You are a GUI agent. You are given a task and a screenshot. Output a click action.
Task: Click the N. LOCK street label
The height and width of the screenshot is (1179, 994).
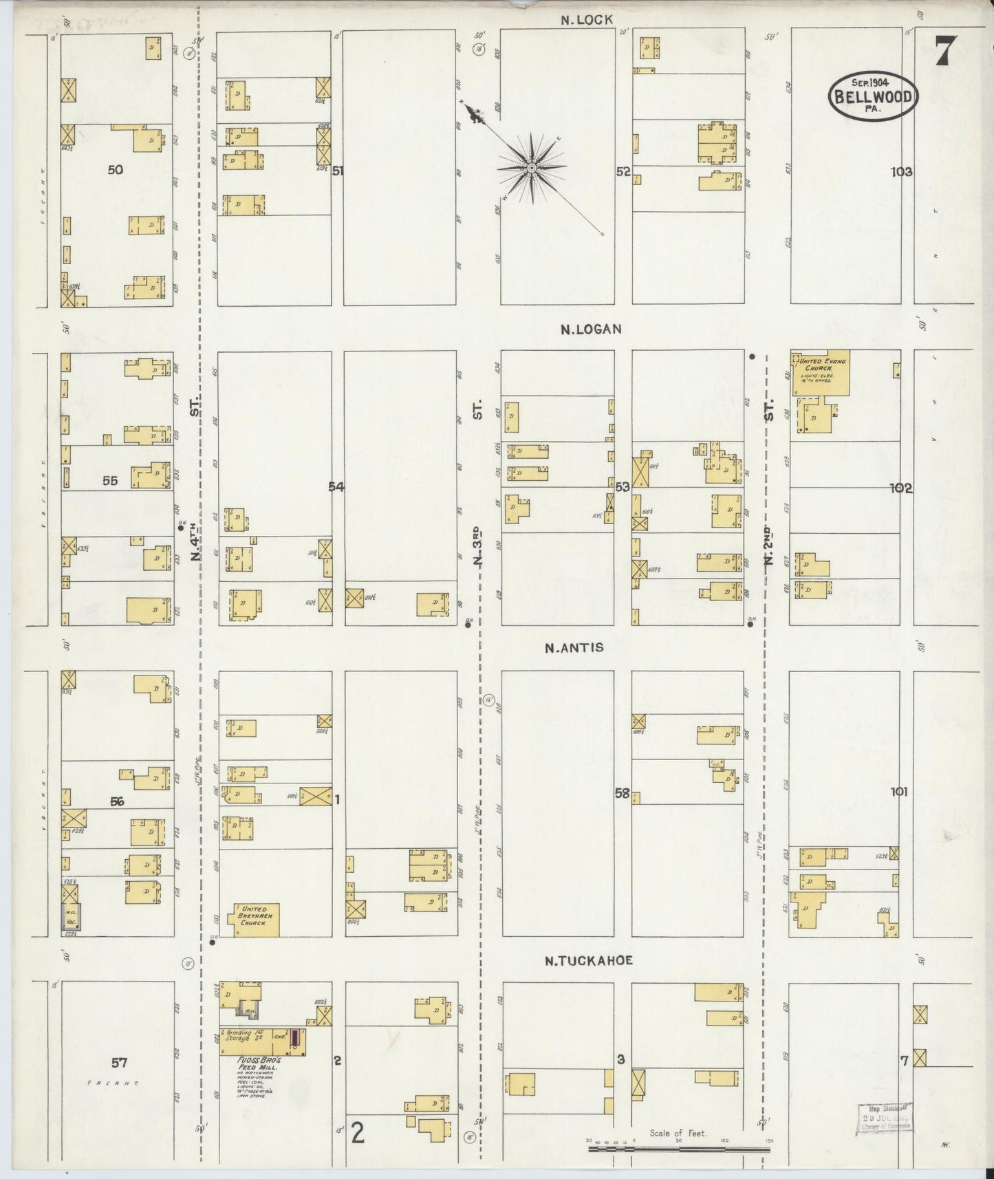coord(586,20)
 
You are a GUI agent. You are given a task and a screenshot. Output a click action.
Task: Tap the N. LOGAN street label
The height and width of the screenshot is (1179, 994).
coord(591,329)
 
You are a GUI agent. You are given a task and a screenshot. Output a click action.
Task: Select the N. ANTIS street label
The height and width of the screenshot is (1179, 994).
coord(574,647)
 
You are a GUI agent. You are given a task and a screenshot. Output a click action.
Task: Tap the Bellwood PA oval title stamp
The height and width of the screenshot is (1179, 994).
coord(873,96)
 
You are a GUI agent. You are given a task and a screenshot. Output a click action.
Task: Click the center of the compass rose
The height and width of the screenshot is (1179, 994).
coord(532,168)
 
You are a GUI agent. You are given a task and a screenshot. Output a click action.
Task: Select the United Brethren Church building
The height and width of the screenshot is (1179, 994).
coord(257,920)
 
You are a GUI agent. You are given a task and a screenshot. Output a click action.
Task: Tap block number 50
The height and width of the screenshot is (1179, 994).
coord(116,169)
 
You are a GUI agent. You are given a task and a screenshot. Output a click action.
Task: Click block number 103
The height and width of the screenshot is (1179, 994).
coord(900,172)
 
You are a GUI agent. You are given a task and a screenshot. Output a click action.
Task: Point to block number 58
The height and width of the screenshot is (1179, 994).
coord(622,793)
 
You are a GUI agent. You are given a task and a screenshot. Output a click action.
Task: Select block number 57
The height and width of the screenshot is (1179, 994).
coord(119,1063)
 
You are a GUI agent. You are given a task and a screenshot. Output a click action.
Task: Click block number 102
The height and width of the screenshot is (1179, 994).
coord(900,488)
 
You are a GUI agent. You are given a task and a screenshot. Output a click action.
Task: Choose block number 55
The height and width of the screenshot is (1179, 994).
coord(110,482)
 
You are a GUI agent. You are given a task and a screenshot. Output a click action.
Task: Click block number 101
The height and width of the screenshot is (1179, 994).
coord(898,792)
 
